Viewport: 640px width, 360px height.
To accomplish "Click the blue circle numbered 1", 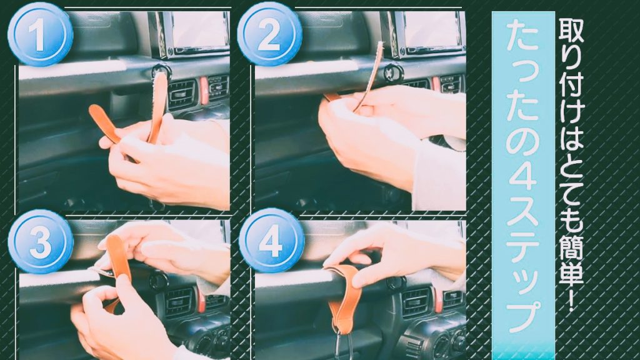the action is tap(40, 34).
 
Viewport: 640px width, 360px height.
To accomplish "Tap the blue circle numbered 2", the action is tap(269, 34).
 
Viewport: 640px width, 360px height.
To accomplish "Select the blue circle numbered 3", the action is tap(41, 241).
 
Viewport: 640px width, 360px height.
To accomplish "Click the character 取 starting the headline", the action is tap(571, 31).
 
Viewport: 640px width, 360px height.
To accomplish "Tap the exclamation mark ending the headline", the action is tap(571, 301).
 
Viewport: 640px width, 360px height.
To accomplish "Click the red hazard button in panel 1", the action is tap(203, 91).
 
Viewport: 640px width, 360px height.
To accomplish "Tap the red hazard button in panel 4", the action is tap(438, 300).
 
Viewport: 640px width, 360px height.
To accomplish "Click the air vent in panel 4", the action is tap(416, 302).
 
